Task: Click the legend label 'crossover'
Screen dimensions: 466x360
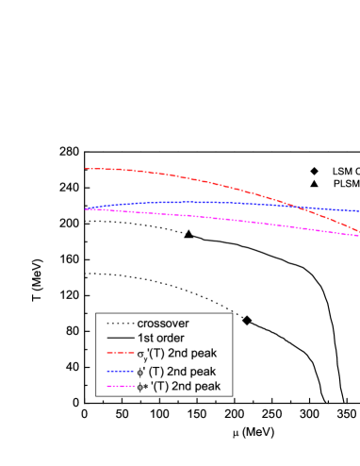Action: click(x=162, y=321)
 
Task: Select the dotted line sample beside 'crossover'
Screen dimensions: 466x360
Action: click(x=118, y=321)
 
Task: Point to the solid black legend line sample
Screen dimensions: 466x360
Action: click(x=118, y=338)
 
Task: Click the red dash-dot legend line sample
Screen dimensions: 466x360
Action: click(x=118, y=354)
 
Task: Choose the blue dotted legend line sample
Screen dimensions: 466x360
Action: click(x=118, y=371)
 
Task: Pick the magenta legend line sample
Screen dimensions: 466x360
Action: click(x=118, y=387)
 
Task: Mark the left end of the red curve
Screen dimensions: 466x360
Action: click(x=86, y=169)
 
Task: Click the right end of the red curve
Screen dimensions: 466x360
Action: click(x=358, y=232)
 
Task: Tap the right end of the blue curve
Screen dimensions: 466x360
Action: click(x=358, y=211)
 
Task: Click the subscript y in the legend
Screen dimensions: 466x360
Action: click(x=146, y=358)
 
